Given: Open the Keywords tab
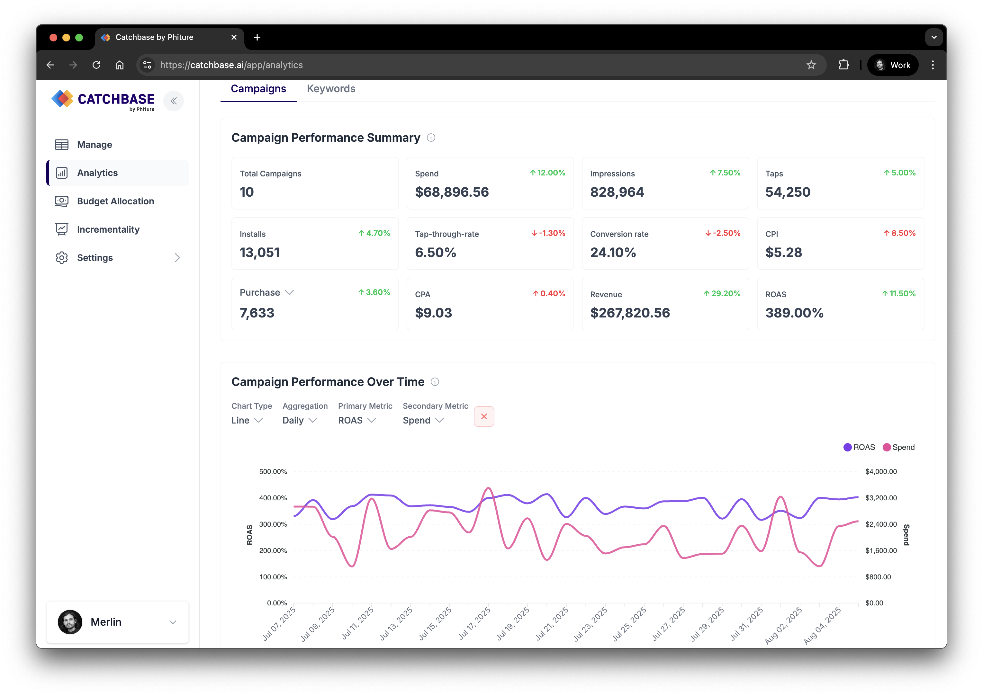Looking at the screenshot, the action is click(x=331, y=89).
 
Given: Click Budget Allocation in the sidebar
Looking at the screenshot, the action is click(x=115, y=201).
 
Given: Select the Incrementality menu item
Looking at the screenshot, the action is click(x=108, y=229).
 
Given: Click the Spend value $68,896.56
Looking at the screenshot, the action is click(x=452, y=192).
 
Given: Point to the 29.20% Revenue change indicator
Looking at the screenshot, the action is click(x=722, y=294).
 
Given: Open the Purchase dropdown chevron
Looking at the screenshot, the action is click(x=289, y=292).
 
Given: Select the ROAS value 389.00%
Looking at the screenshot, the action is click(x=794, y=313).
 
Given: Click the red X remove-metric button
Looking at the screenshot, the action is click(x=484, y=416).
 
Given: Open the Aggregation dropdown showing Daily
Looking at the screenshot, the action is click(x=300, y=420).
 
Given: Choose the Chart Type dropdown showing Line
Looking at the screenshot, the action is click(x=247, y=420).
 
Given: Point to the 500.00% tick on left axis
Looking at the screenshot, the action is click(x=273, y=471).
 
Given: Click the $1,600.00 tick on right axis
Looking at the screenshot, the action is click(x=881, y=551).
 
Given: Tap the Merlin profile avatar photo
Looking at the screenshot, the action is click(x=70, y=622).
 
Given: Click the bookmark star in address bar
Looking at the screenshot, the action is click(x=811, y=65).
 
